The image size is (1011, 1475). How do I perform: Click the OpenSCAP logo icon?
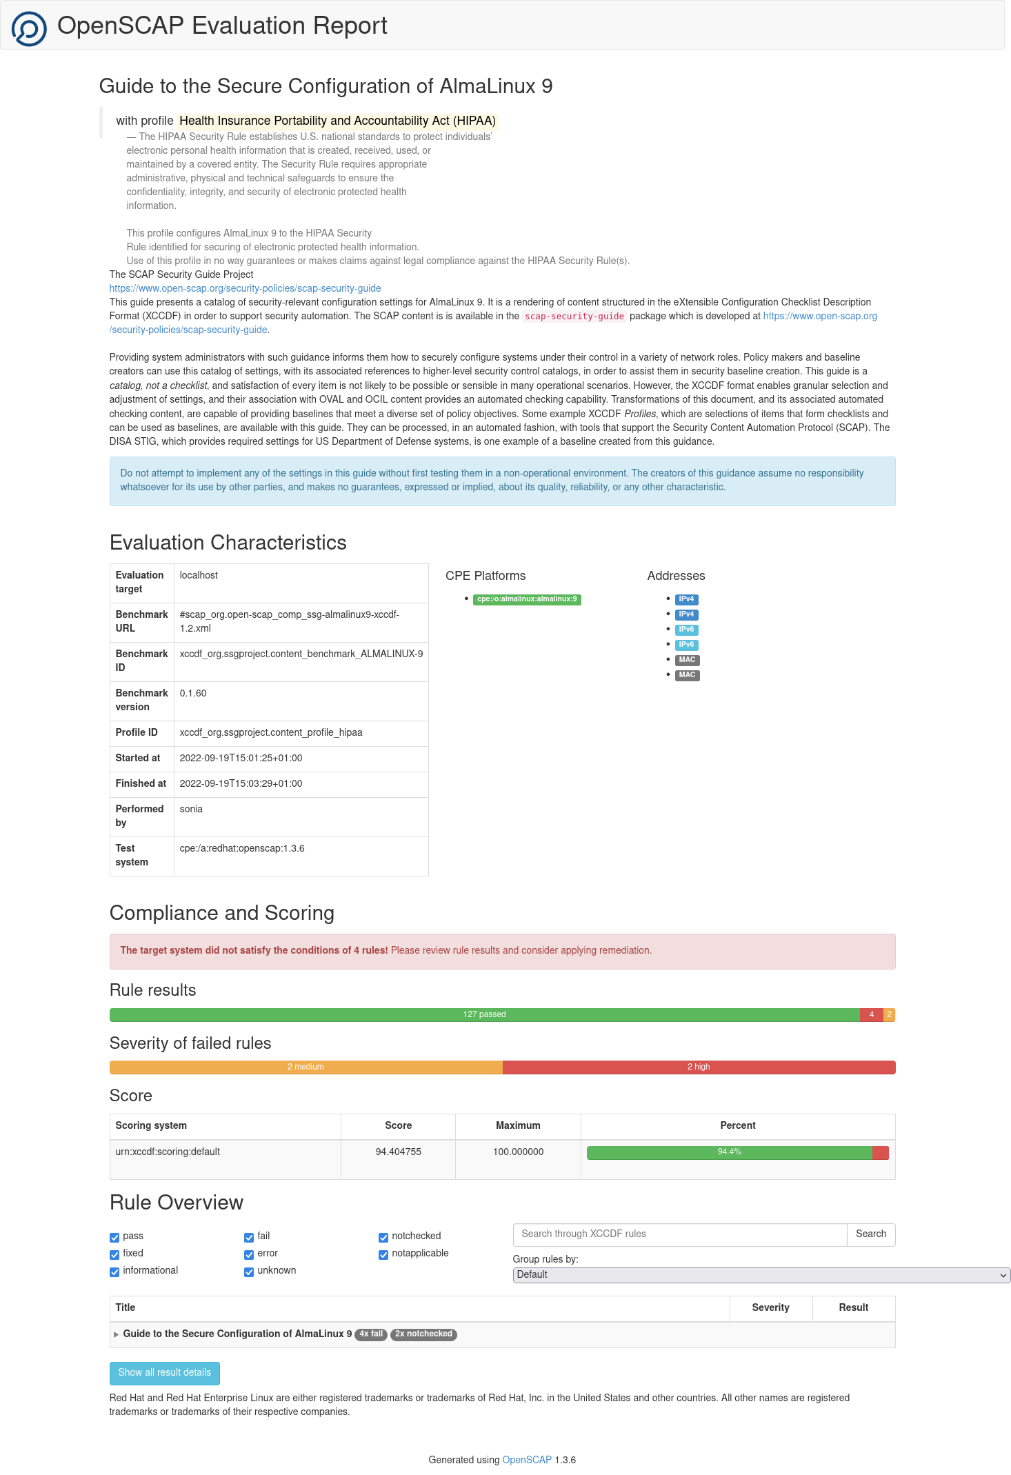click(29, 28)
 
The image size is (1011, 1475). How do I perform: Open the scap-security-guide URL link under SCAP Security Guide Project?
click(245, 288)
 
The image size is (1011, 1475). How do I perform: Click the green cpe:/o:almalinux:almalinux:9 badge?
click(527, 599)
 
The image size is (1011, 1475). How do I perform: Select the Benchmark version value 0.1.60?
click(193, 693)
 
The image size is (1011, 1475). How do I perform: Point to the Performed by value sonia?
click(191, 809)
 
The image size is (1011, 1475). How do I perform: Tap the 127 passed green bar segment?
click(484, 1014)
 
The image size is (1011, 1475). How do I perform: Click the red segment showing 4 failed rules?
click(871, 1014)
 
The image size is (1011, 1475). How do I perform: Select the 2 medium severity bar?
click(306, 1067)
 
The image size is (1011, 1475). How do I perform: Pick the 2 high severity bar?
click(699, 1067)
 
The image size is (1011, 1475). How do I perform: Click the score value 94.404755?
click(398, 1152)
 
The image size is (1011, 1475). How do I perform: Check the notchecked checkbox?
click(383, 1237)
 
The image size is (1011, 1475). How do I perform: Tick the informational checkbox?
click(114, 1272)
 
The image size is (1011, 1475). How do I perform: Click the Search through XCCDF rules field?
click(679, 1234)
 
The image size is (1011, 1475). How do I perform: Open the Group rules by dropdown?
click(761, 1275)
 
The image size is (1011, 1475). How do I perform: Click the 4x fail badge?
click(371, 1334)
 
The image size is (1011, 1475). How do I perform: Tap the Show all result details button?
click(164, 1373)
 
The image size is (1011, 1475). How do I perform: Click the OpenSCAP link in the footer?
click(527, 1460)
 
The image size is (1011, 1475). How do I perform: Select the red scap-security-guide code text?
click(574, 317)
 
